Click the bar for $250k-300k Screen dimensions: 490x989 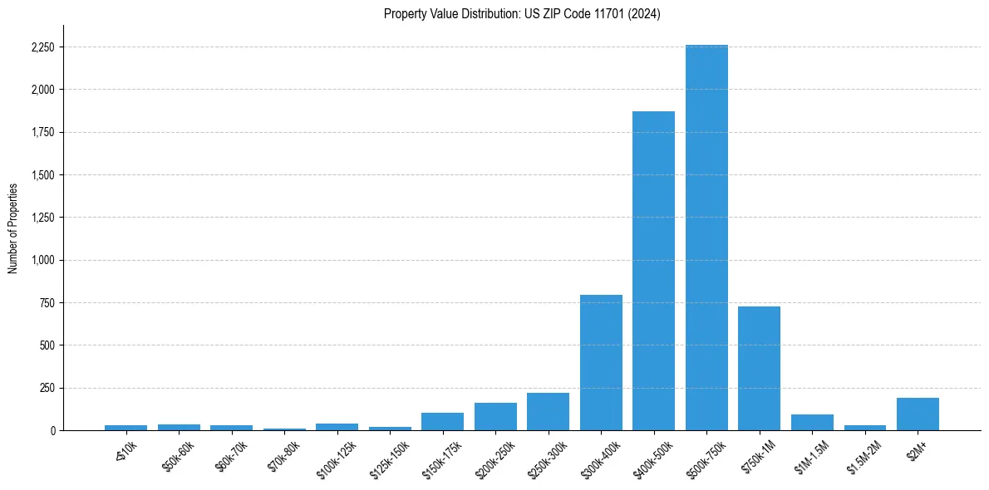[548, 411]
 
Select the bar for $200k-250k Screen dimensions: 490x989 [495, 416]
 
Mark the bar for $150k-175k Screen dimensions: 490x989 [442, 421]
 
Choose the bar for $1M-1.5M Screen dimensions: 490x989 [812, 422]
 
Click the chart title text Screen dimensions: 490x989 [522, 14]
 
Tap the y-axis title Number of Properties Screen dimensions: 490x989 [13, 228]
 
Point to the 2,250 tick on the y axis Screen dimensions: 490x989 [42, 47]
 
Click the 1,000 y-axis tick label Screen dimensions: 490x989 [42, 260]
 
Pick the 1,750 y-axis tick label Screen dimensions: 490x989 [42, 132]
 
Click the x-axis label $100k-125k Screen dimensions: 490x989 [337, 455]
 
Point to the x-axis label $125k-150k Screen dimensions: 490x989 [390, 455]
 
